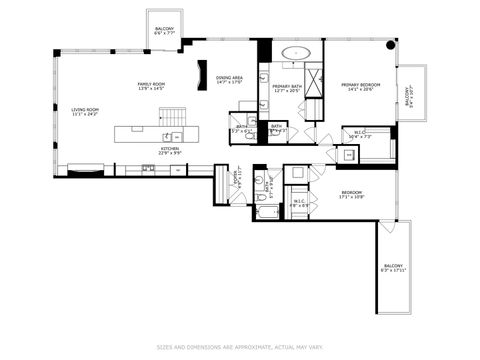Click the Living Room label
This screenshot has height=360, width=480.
pos(85,111)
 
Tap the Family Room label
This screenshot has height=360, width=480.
pos(152,86)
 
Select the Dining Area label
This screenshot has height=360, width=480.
pos(230,80)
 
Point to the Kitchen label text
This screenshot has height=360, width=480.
pos(170,151)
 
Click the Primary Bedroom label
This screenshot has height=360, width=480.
pos(357,88)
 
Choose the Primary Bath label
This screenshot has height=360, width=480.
pos(288,88)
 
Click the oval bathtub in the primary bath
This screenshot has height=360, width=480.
pos(296,52)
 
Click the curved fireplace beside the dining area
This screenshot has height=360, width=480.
pos(203,76)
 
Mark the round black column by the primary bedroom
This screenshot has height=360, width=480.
pos(391,44)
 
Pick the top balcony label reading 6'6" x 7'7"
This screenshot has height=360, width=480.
pos(164,31)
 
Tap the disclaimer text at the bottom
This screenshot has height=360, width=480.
pos(240,347)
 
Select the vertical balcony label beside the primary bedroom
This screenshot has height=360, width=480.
pos(408,97)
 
